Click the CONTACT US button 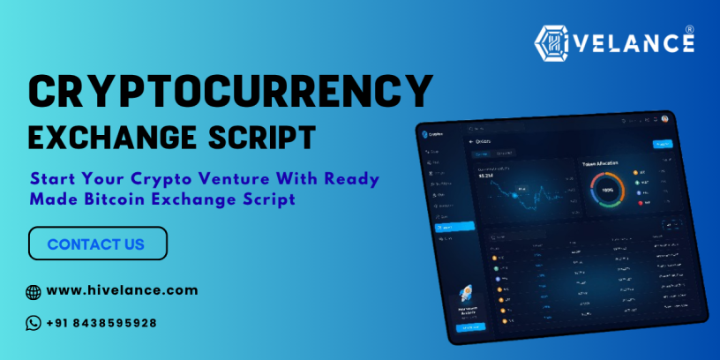[97, 244]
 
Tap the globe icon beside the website [34, 291]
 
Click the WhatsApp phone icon [34, 323]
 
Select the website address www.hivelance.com [122, 289]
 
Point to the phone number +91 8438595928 [101, 323]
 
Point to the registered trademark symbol [689, 28]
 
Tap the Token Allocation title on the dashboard [600, 163]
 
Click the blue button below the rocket [470, 326]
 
